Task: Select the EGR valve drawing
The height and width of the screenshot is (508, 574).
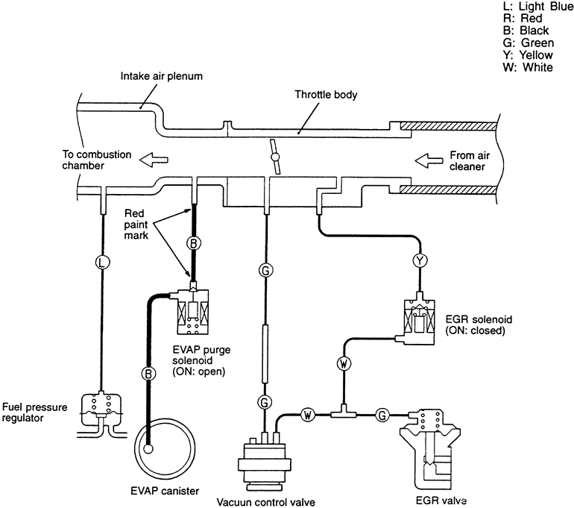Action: click(429, 451)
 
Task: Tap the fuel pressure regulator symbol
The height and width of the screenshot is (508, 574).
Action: click(101, 414)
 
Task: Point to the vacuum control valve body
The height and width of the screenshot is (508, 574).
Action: click(265, 462)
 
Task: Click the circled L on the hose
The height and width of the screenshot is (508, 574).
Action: click(102, 263)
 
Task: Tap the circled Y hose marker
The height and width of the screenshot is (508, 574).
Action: click(420, 261)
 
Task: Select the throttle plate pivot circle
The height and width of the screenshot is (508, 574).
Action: click(274, 157)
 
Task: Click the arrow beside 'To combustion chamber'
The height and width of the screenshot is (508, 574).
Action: click(154, 160)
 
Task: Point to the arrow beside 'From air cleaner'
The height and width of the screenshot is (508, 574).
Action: click(429, 160)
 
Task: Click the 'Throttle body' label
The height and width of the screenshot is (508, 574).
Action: click(326, 95)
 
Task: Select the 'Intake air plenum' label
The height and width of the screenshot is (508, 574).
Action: click(162, 76)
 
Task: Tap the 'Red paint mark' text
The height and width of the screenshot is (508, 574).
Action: click(136, 224)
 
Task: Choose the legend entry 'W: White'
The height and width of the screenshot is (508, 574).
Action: click(528, 67)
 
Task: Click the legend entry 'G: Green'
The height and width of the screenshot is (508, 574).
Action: click(529, 43)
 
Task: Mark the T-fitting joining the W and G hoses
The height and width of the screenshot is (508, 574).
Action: click(344, 412)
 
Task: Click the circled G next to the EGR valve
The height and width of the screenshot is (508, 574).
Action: click(382, 416)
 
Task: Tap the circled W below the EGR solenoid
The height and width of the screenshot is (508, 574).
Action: click(344, 364)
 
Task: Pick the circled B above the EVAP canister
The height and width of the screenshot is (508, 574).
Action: click(148, 374)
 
